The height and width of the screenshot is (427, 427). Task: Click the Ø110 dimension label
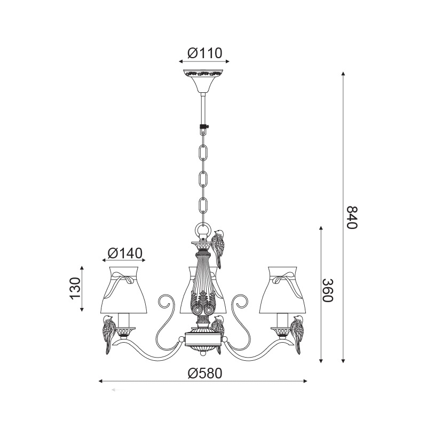[x=205, y=53]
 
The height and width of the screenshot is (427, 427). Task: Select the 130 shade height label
[x=75, y=289]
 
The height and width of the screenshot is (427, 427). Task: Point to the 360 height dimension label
[x=328, y=290]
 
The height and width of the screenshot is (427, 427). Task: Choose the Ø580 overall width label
[x=205, y=373]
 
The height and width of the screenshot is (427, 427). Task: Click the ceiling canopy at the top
[x=203, y=81]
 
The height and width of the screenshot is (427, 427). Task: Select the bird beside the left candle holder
[x=109, y=335]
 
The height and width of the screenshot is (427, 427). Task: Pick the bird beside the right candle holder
[x=297, y=335]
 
